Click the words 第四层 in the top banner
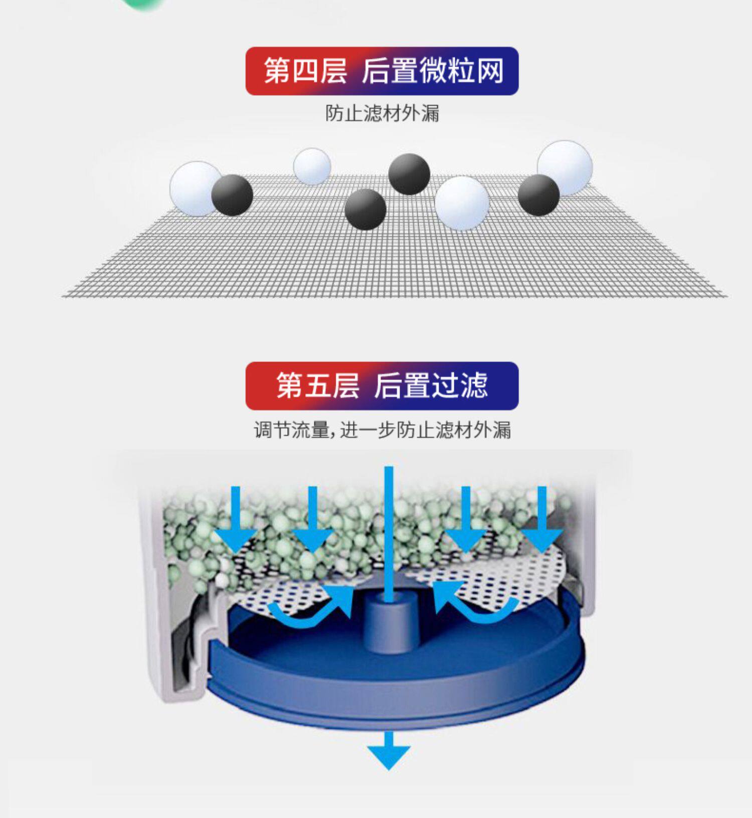pos(305,71)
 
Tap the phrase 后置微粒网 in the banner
pos(433,71)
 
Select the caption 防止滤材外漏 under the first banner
pos(382,113)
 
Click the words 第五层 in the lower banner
pos(318,385)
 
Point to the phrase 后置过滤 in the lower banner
pos(431,385)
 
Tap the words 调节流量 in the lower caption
pos(291,430)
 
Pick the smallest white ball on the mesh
pos(312,166)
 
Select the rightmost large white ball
pos(565,167)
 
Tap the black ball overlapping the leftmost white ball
pos(232,195)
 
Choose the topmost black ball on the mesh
pos(409,174)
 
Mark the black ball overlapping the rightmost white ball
pos(538,195)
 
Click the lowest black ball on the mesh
pos(365,209)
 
